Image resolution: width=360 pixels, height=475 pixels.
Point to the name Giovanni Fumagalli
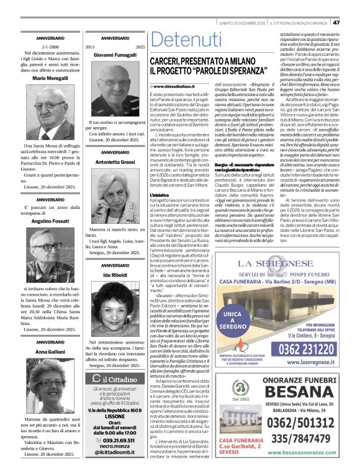click(115, 55)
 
